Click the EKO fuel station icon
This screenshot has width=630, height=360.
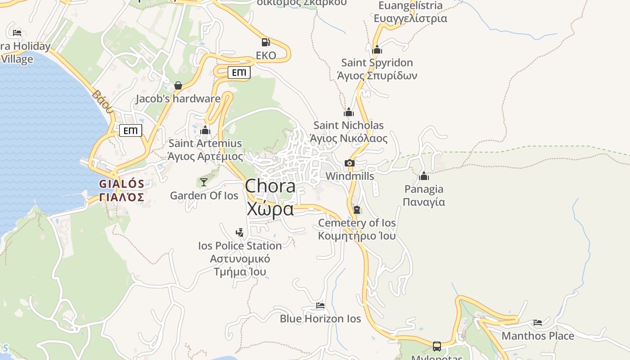tap(265, 42)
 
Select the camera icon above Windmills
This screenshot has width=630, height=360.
tap(350, 163)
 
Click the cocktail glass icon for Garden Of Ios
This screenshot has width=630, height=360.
tap(204, 182)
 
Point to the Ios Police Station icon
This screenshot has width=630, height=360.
tap(240, 232)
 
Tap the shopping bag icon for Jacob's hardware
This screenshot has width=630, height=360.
tap(178, 85)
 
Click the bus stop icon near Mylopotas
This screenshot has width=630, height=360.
tap(437, 346)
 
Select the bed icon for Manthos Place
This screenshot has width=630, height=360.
tap(538, 322)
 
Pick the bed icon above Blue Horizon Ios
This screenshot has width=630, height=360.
tap(320, 306)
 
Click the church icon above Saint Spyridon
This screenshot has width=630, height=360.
tap(377, 49)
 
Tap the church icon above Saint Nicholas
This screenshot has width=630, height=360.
tap(349, 112)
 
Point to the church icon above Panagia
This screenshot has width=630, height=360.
tap(424, 176)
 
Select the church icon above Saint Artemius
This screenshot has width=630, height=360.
tap(205, 130)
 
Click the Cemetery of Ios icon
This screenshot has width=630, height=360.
tap(357, 210)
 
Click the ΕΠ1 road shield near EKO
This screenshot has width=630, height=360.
tap(239, 72)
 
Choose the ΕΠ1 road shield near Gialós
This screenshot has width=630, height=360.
tap(130, 131)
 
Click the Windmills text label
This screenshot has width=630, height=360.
tap(350, 176)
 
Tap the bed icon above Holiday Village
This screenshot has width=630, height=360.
tap(17, 32)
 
